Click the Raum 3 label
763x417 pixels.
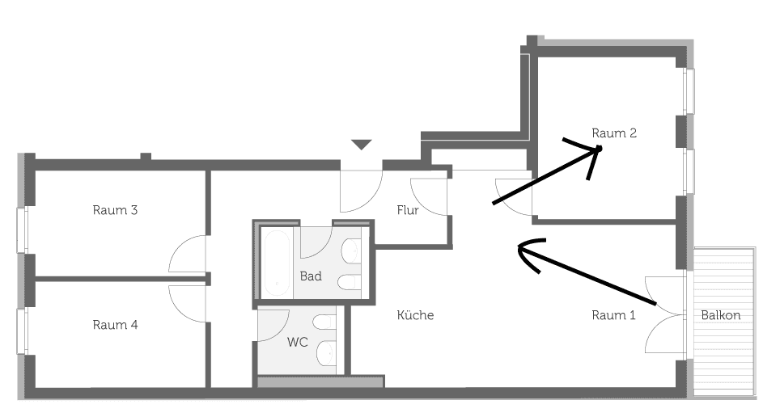pos(116,210)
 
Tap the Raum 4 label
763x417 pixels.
pos(116,325)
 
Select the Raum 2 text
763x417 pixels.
pos(614,133)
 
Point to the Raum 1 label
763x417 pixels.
pos(613,315)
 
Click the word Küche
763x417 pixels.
pos(415,315)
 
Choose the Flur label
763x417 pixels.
pos(408,210)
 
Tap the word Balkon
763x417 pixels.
pos(721,315)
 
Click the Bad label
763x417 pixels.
pos(311,276)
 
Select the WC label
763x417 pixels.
pos(297,342)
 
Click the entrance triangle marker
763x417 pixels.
pos(362,145)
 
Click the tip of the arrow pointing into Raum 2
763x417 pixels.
pos(601,147)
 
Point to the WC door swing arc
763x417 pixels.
pos(282,330)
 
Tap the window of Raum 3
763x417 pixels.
pos(22,230)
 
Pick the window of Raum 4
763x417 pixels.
pos(22,331)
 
